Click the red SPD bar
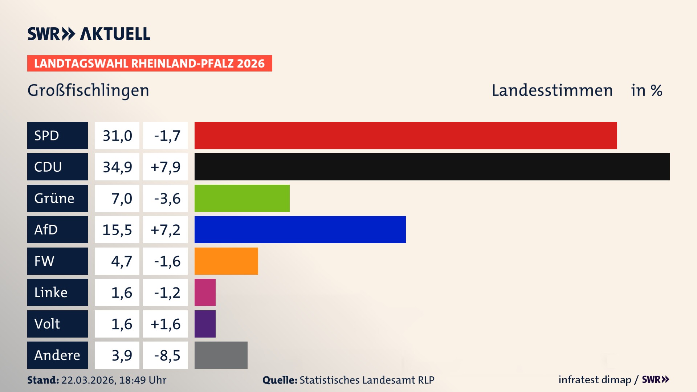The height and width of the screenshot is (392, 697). coord(405,135)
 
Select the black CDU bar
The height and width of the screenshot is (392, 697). coord(432,167)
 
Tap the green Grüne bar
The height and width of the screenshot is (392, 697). coord(242,198)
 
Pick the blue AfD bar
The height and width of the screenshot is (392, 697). coord(300,229)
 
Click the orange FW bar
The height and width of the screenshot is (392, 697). coord(226,261)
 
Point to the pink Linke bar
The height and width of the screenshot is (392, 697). coord(205,292)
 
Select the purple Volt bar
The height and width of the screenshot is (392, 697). coord(205,324)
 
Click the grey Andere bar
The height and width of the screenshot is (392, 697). coord(221,355)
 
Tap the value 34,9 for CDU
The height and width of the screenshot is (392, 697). coord(117,167)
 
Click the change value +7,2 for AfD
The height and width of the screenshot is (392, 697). coord(165,230)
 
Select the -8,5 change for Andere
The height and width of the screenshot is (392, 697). coord(167,355)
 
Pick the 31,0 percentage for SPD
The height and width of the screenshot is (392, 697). coord(117,136)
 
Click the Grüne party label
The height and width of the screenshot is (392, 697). coord(54,198)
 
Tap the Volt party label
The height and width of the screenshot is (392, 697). coord(47,324)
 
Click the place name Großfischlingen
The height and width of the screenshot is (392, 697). coord(88,90)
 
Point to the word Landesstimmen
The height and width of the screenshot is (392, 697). coord(552,90)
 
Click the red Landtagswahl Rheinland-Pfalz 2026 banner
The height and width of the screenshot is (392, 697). coord(150,64)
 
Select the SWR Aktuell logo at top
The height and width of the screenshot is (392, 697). coord(89,34)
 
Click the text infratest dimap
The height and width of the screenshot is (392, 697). coord(594,380)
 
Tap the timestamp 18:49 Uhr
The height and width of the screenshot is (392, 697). coord(143,380)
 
